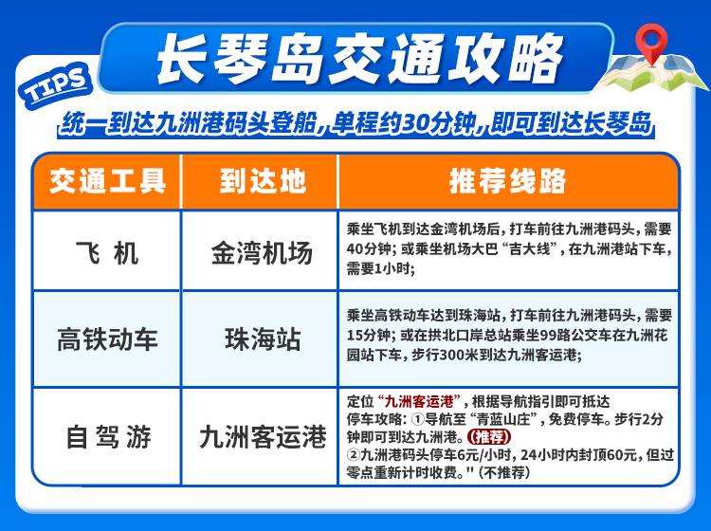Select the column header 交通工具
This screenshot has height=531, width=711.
click(x=108, y=181)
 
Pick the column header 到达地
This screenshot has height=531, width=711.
click(x=262, y=181)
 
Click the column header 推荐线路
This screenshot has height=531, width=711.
click(x=508, y=181)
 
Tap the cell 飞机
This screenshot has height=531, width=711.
click(x=107, y=252)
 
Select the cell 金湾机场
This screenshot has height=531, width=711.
click(x=262, y=252)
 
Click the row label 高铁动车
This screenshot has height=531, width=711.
click(x=107, y=339)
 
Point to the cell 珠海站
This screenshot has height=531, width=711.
click(x=263, y=339)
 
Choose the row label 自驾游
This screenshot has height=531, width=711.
click(x=108, y=437)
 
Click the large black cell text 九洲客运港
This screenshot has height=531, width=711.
click(x=263, y=437)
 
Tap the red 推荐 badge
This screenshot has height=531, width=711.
click(x=489, y=437)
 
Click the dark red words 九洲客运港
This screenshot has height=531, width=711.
click(x=419, y=401)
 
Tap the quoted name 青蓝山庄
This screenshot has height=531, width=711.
click(x=505, y=419)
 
